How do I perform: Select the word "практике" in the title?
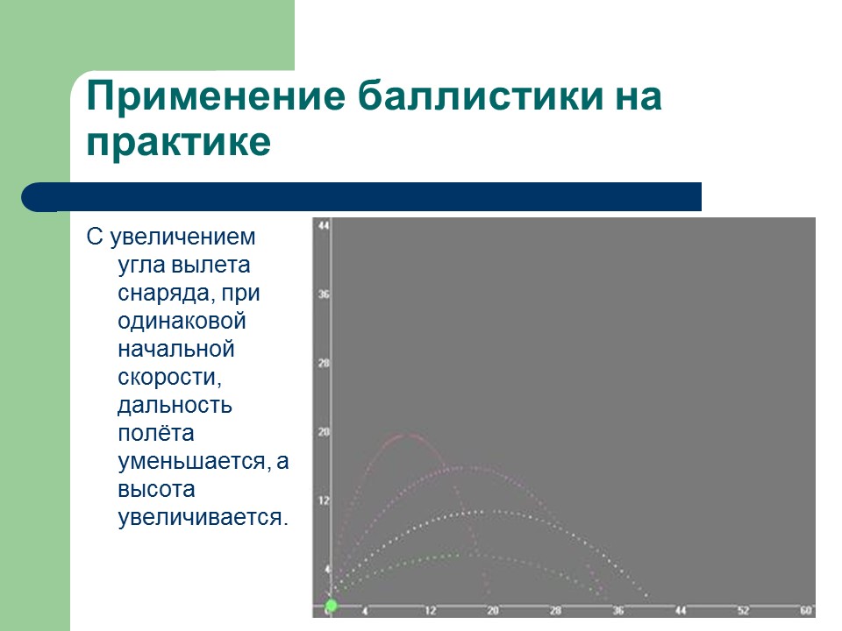178,143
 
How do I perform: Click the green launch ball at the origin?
331,606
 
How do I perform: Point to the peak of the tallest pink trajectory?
404,435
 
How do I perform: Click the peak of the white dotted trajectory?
478,511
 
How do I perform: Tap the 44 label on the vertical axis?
323,226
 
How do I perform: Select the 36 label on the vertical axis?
323,294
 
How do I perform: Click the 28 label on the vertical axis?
323,363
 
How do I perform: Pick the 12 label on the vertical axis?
323,500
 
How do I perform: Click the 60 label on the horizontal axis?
806,610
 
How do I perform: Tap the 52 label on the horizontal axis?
743,610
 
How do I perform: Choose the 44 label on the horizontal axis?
681,610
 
